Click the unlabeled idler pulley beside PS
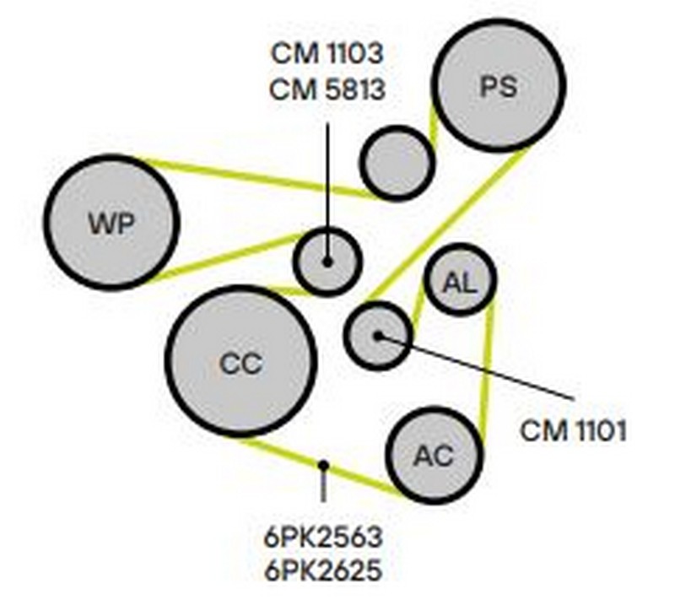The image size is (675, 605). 397,163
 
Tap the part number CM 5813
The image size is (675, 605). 327,88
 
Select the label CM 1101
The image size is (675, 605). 573,431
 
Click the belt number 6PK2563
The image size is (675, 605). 325,537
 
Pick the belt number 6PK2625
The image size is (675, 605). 325,570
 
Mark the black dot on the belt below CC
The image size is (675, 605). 323,464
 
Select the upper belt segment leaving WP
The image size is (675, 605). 253,176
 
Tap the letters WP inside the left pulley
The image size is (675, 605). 112,223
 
